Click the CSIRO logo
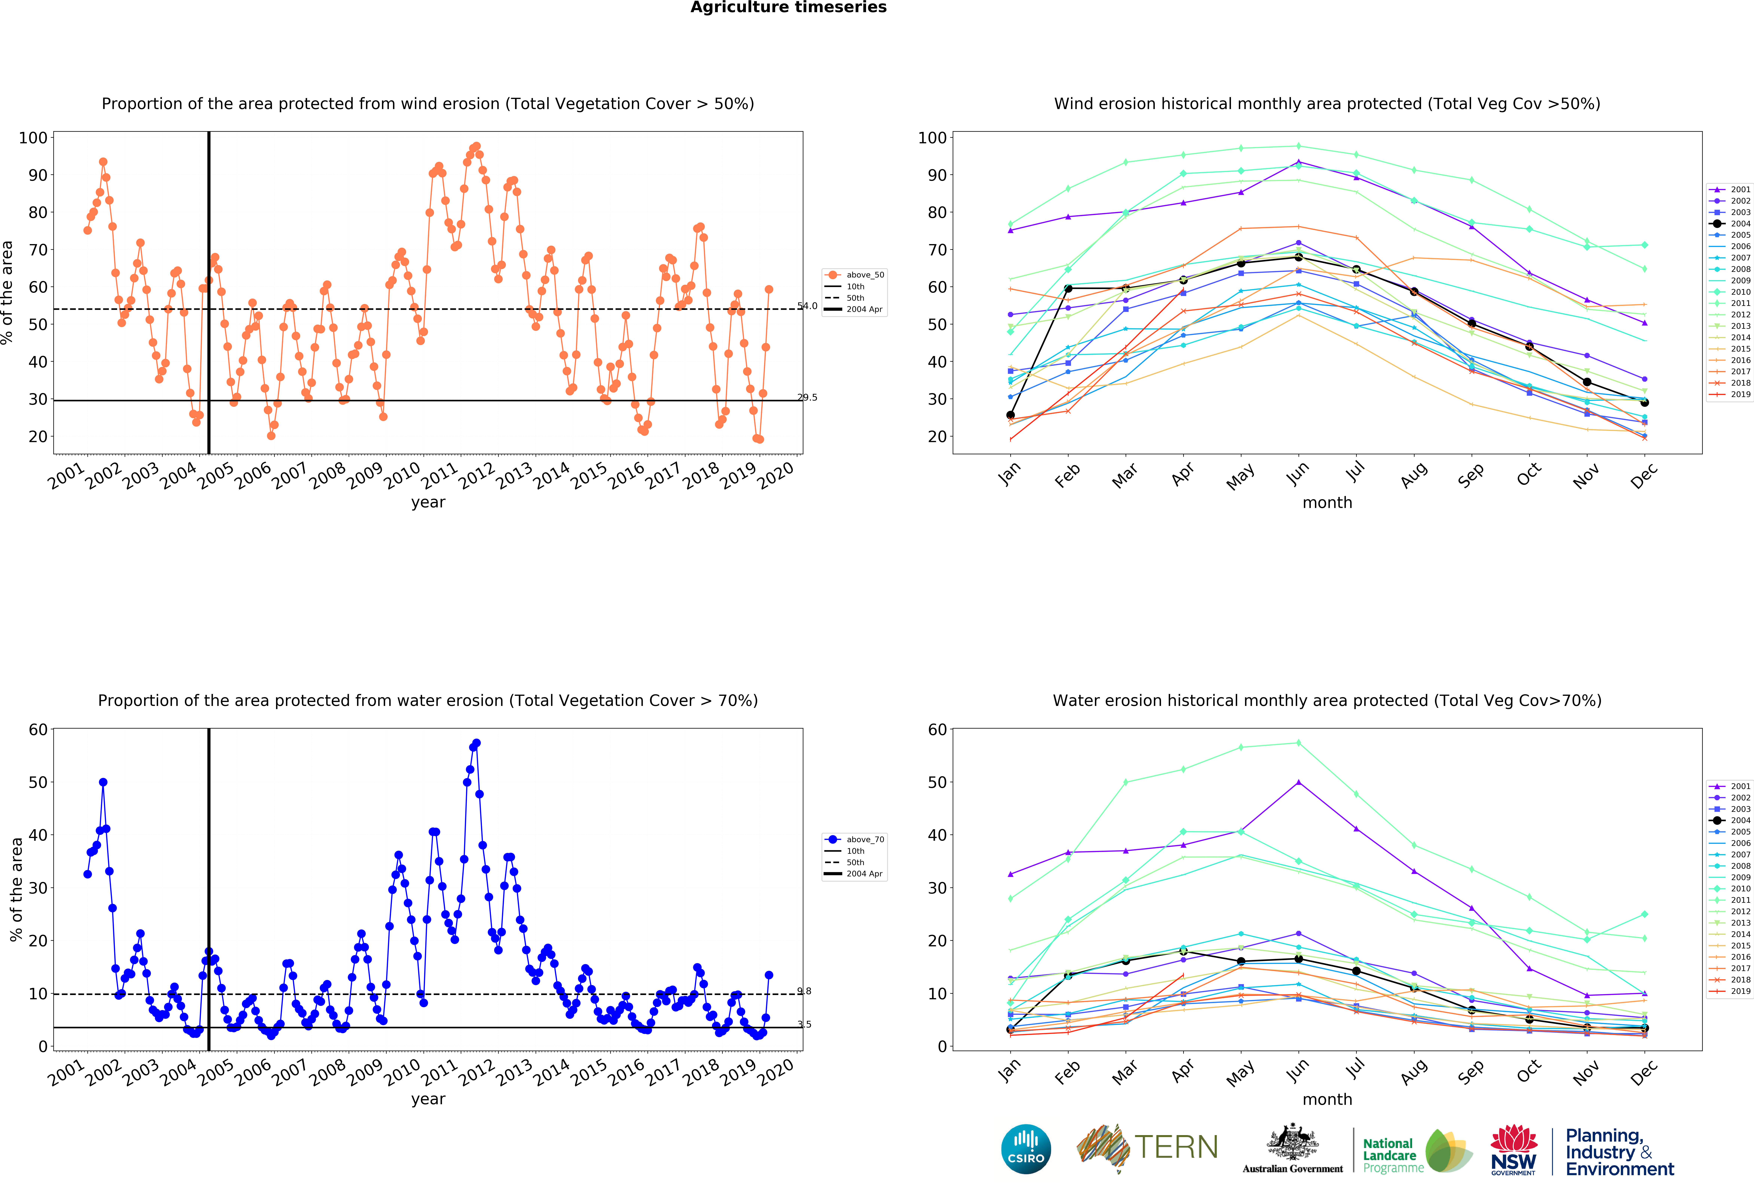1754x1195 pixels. coord(1026,1149)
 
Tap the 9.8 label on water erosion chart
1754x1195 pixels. coord(804,991)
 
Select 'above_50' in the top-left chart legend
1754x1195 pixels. coord(865,275)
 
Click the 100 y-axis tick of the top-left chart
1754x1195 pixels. coord(33,137)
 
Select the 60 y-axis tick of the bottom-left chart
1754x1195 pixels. coord(38,729)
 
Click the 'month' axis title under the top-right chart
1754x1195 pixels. coord(1327,502)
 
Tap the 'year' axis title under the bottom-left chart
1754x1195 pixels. coord(428,1099)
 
